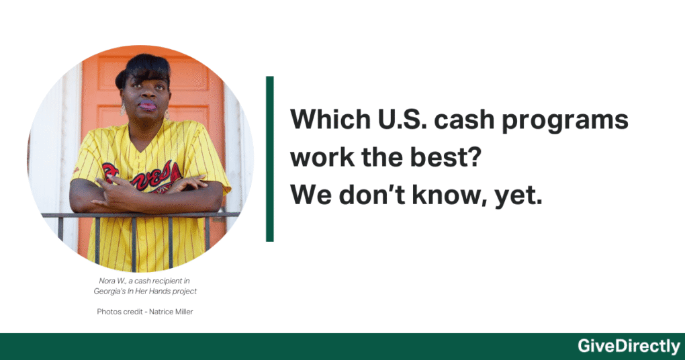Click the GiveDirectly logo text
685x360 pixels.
point(629,347)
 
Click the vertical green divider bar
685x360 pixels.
point(269,159)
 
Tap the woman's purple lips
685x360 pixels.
point(148,105)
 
